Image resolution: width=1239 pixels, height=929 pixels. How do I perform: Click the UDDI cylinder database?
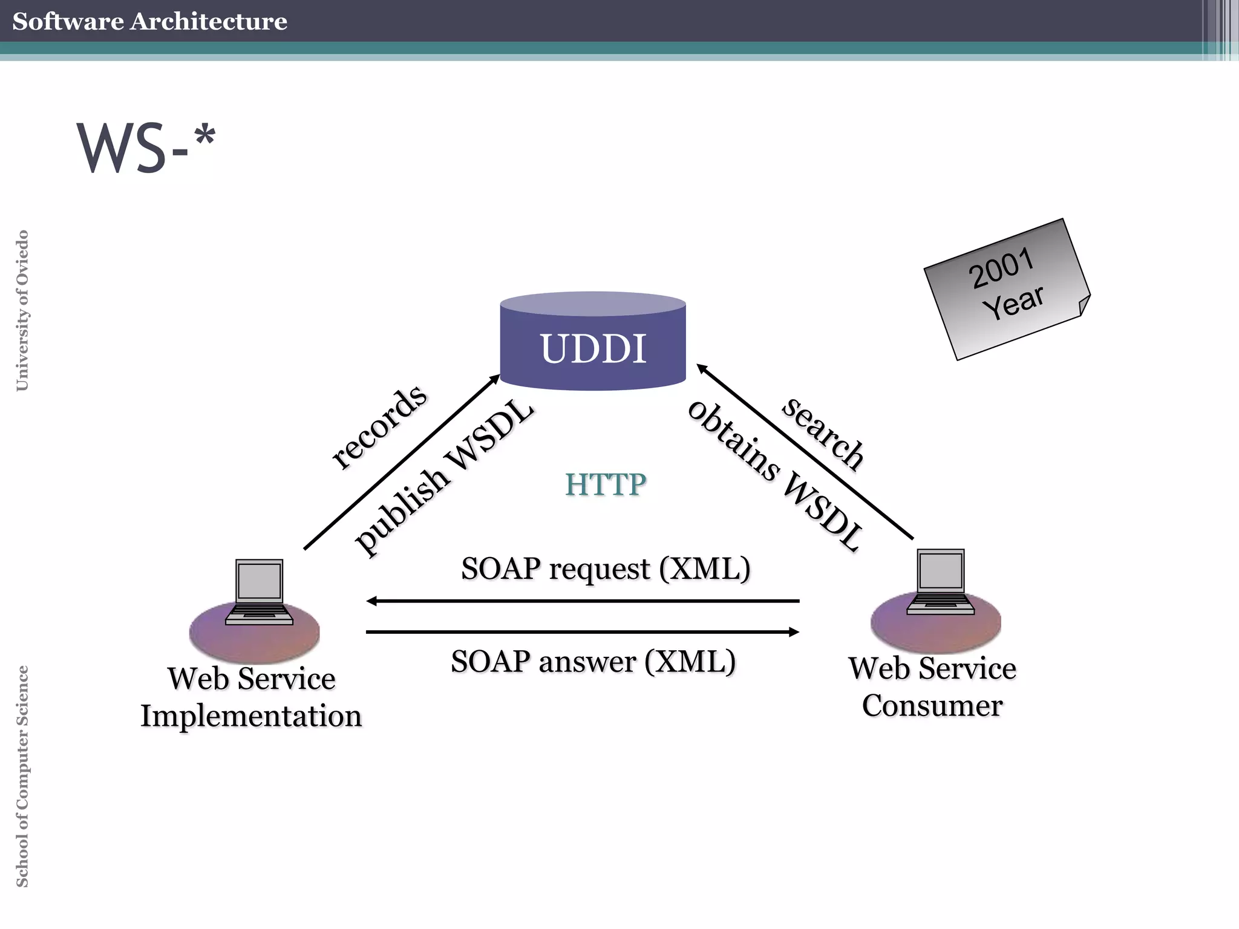pos(593,342)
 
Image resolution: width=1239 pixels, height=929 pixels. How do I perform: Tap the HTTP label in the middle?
pos(606,484)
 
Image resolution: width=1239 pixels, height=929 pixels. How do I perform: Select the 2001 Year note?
pos(1007,288)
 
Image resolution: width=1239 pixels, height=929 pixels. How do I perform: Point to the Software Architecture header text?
pos(149,21)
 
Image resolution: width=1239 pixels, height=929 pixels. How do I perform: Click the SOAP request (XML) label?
pos(606,569)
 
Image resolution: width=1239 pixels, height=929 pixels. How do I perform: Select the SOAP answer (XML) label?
pos(593,661)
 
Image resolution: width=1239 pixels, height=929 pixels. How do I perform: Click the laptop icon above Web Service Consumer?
pos(941,581)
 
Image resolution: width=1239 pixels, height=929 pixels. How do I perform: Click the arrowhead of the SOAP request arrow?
pos(371,601)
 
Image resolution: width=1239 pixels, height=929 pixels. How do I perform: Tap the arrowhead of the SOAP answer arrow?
pos(794,632)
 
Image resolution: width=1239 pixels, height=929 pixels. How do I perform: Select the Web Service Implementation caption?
pos(251,697)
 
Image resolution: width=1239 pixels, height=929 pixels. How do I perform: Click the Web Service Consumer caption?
pos(932,687)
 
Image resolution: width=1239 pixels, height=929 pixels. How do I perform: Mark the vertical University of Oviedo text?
pos(22,310)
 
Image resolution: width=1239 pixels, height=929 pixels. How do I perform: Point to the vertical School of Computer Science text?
pos(22,776)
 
